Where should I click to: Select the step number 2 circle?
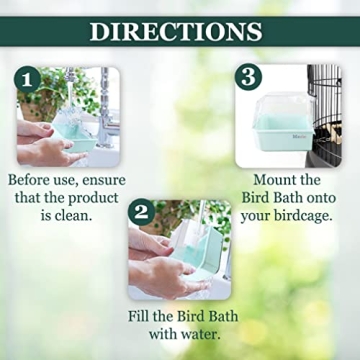[142, 212]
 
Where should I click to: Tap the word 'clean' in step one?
[96, 215]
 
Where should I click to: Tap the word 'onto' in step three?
[318, 198]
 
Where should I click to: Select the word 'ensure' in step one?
[103, 181]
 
